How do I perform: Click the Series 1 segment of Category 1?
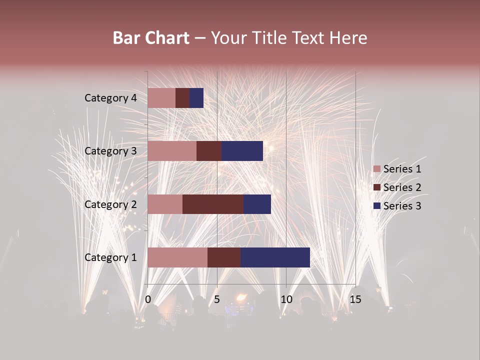tap(177, 257)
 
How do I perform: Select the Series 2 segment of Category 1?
tap(224, 257)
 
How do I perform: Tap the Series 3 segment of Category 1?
tap(275, 257)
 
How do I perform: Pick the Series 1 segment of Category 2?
tap(165, 204)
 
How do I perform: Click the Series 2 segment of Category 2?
tap(213, 204)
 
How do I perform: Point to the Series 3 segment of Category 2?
tap(257, 204)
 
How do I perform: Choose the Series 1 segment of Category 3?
tap(172, 151)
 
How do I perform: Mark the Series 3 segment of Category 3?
tap(242, 151)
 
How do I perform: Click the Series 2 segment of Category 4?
tap(182, 98)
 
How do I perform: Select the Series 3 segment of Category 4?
tap(196, 98)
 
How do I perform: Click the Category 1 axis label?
tap(110, 257)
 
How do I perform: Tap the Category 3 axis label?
tap(110, 151)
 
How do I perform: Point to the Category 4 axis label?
tap(110, 98)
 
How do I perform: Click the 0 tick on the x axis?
tap(148, 299)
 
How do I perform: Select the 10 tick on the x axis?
tap(286, 299)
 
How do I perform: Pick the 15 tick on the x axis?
tap(355, 299)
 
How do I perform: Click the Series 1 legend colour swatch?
tap(376, 169)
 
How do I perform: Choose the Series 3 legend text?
tap(402, 206)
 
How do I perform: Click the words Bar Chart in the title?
tap(151, 38)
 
